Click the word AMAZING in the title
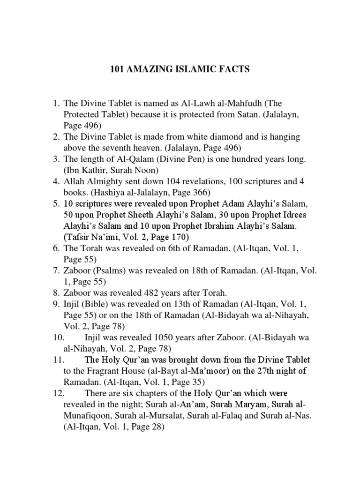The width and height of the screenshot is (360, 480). tap(150, 70)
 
